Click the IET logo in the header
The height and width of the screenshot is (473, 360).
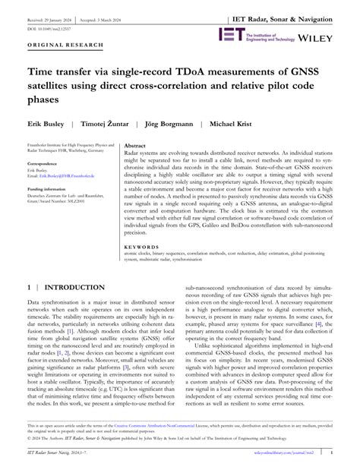(x=230, y=34)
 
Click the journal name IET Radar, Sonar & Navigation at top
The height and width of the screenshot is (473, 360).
(x=297, y=16)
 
